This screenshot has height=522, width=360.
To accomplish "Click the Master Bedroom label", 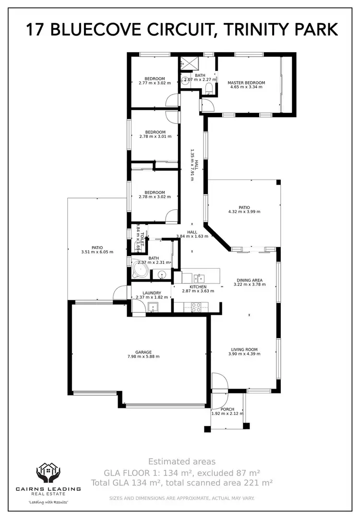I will (246, 83).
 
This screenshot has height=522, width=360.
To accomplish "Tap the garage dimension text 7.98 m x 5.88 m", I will (144, 356).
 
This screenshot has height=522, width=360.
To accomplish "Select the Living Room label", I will (244, 350).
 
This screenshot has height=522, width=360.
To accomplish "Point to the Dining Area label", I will (250, 280).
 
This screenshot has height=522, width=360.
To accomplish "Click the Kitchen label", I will (198, 287).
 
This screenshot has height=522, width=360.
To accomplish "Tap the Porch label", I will (228, 409).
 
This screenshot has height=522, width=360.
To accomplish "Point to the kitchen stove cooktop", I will (196, 307).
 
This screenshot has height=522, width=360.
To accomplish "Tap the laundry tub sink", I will (154, 308).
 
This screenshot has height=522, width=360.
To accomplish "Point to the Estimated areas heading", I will (182, 462).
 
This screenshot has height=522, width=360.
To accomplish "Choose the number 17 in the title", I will (36, 30).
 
